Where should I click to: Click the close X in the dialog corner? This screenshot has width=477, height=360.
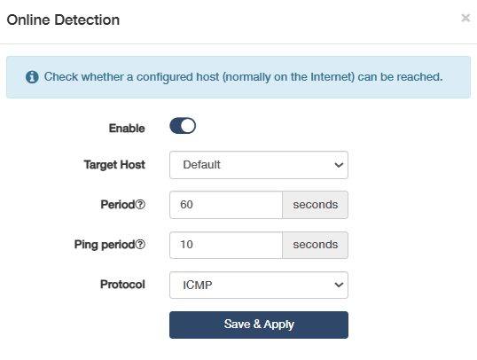coord(465,18)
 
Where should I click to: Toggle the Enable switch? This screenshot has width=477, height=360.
coord(183,126)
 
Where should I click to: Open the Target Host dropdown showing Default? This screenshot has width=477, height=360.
coord(259,165)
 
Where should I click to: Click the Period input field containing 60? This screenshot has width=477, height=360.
coord(226,205)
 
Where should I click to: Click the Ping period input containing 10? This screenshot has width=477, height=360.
coord(226,245)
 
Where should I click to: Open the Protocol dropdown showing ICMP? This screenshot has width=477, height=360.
coord(259,285)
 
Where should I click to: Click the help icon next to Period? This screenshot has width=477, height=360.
coord(140,205)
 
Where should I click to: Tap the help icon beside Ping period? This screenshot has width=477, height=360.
coord(140,245)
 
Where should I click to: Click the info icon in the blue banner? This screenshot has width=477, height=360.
coord(32,77)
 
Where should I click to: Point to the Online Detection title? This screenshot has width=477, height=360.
coord(63,20)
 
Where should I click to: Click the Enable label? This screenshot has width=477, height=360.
coord(127,128)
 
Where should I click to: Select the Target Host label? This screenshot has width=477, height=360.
coord(114,165)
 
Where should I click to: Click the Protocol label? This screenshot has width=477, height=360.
coord(122,285)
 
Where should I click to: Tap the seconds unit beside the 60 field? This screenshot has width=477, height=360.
coord(315,205)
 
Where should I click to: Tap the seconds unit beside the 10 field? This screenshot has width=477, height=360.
coord(315,245)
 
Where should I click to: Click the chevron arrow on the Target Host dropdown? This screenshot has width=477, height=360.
coord(339,165)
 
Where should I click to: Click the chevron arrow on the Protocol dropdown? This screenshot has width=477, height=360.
coord(339,286)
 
